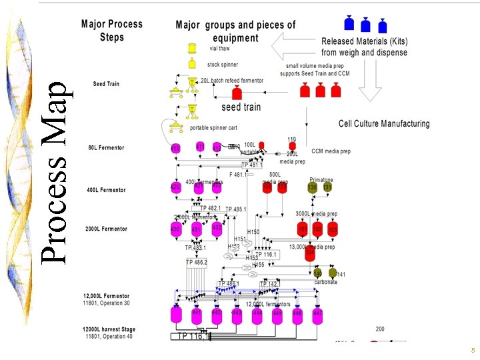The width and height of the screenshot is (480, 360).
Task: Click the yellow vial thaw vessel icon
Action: tap(192, 48)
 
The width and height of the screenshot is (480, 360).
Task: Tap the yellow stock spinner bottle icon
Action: tap(192, 64)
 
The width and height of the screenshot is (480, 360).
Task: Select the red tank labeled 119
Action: tap(292, 147)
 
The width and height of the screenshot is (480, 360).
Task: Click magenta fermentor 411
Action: tap(199, 148)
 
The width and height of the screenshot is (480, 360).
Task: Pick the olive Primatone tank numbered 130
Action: tap(312, 188)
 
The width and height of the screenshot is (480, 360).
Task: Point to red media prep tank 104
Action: tap(309, 254)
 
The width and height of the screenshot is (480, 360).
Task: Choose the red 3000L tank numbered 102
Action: tap(317, 230)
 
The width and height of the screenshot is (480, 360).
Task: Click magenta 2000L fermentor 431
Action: tap(197, 229)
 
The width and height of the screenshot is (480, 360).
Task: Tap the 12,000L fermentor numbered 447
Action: tap(317, 313)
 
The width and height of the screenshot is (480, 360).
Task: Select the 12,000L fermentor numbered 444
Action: tap(257, 313)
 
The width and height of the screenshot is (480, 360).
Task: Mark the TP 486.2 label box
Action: tap(197, 263)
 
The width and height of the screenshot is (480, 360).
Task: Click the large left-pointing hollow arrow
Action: tap(296, 47)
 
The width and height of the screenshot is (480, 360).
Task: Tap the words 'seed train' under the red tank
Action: tap(241, 107)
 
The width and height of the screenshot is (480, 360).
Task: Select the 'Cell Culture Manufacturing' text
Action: tap(384, 123)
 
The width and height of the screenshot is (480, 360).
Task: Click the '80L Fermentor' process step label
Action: tap(107, 147)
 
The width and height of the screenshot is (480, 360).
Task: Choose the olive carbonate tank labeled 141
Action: tap(332, 273)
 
